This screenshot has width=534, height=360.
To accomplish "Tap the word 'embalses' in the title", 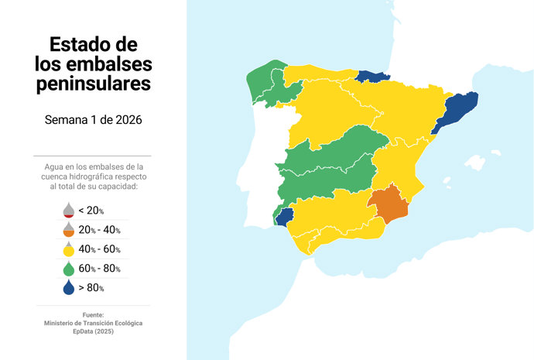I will coord(111,63).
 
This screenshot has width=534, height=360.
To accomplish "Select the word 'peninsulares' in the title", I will coord(93,83).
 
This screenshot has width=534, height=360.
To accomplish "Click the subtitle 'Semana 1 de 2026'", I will coord(93,120).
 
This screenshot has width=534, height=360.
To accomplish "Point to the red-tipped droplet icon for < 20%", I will coord(68,210).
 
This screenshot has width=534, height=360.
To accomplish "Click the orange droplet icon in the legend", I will coord(68,229).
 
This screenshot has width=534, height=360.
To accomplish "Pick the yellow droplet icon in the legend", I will coord(68,249).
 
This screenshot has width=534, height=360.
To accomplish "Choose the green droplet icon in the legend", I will coord(68,268).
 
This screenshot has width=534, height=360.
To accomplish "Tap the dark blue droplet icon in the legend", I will coord(68,287).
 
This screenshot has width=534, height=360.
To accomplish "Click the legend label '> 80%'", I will coord(91,288).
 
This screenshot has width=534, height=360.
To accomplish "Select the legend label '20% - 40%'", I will coord(99,230).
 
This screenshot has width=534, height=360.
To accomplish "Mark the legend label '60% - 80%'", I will coord(99,269).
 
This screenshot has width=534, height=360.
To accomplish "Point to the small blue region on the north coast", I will coord(373,75).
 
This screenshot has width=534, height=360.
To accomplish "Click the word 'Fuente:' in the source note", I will coord(93,314).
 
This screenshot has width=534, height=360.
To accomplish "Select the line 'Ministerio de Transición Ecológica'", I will coord(93,322).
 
